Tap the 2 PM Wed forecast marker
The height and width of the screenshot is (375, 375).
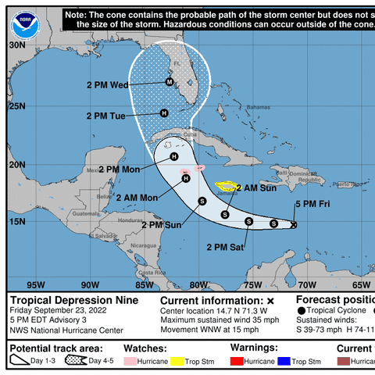coord(170,82)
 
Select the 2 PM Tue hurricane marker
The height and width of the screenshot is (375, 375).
coord(164,113)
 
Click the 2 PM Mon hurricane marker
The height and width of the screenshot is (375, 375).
coord(174,156)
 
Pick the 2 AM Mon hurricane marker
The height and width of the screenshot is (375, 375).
coord(186,178)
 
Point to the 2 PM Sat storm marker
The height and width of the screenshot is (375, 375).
coord(248,221)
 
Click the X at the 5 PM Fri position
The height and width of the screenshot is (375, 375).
coord(294,224)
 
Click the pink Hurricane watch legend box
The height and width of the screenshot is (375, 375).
coord(134,362)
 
